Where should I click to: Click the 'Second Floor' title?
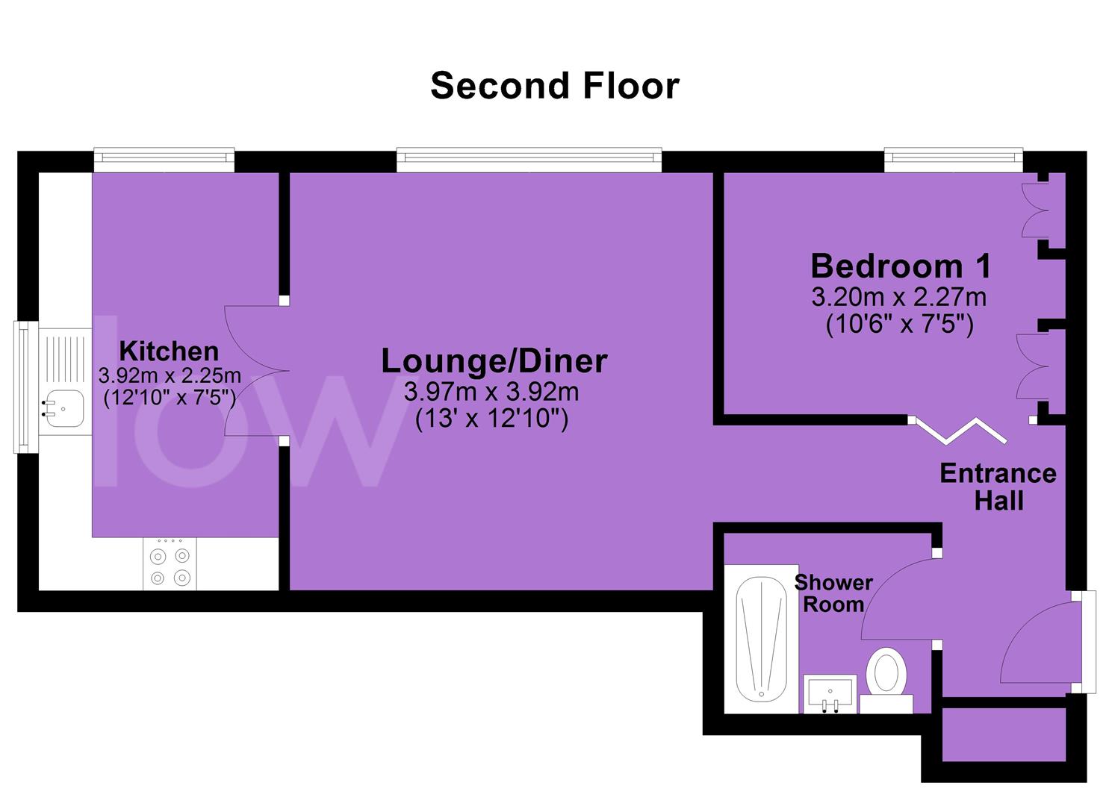[x=554, y=86]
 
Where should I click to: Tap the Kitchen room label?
[x=169, y=352]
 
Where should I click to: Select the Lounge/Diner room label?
[x=494, y=361]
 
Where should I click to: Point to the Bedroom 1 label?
[x=901, y=266]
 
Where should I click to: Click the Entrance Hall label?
[x=998, y=487]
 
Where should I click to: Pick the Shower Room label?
[x=833, y=593]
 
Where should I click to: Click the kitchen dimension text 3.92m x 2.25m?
[x=170, y=376]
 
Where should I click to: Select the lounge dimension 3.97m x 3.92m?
[x=491, y=392]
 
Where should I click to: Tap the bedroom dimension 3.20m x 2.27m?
[x=899, y=297]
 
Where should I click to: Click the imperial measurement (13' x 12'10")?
[x=491, y=419]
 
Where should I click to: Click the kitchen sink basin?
[x=64, y=409]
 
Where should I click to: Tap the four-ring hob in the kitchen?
[x=170, y=563]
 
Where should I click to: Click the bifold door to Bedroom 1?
[x=961, y=431]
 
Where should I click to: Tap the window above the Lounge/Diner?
[x=529, y=159]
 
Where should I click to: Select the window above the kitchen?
[x=164, y=159]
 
